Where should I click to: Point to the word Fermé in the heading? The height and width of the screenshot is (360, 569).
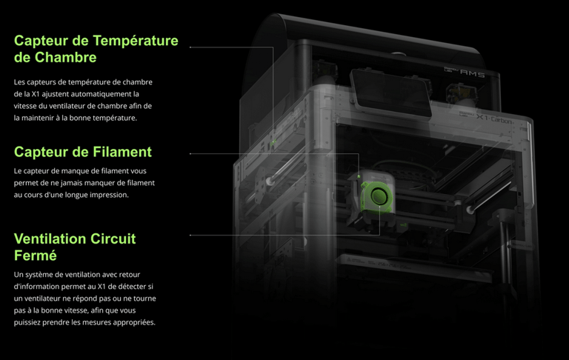pos(35,256)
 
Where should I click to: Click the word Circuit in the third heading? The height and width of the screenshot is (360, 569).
pos(113,239)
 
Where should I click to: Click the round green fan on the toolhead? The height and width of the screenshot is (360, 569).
pos(379,196)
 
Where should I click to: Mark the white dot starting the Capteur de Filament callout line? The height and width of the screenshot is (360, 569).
pos(190,154)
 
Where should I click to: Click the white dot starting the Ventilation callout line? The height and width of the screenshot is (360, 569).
pos(190,235)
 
